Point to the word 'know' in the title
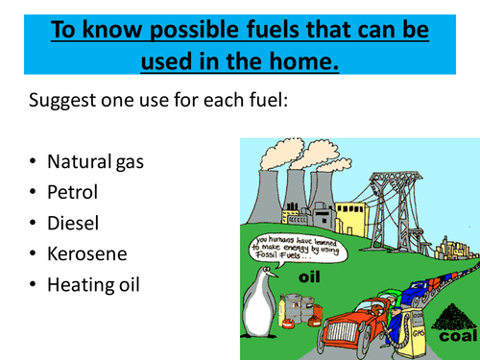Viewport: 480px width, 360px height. click(x=119, y=29)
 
